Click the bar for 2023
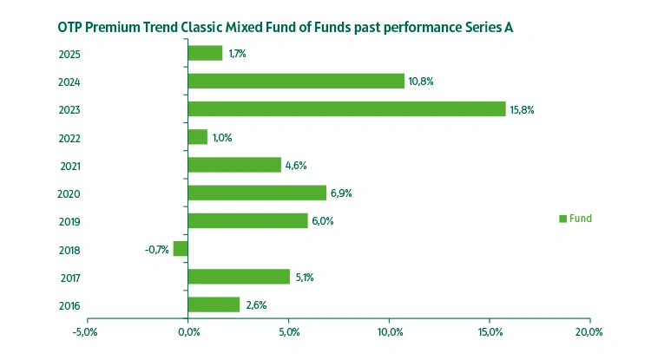coord(346,109)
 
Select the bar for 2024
coord(296,81)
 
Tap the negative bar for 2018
coord(181,249)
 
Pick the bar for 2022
coord(198,137)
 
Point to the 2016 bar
coord(214,304)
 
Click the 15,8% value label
coord(523,109)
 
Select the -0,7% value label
coord(156,250)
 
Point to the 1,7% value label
coord(237,54)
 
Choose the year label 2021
coord(71,166)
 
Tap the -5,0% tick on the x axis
coord(86,332)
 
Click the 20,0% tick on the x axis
coord(589,332)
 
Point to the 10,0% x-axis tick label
coord(389,332)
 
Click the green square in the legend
coord(562,219)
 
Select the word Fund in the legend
coord(581,219)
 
